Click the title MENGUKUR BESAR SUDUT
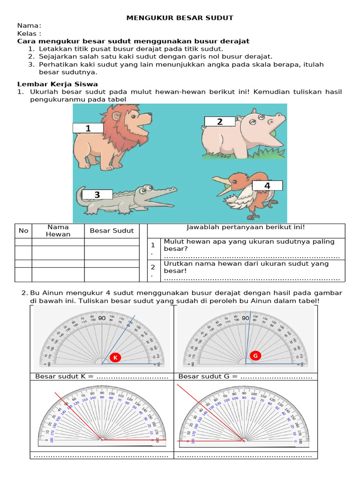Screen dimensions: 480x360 180,18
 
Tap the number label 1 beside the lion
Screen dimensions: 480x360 88,128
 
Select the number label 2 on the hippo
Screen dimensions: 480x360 219,122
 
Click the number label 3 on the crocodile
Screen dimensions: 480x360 97,195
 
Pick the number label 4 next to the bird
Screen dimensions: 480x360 267,186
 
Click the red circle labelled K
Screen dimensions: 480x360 115,358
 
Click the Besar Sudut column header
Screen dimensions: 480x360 112,231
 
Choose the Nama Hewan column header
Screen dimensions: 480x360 58,231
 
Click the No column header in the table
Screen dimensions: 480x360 23,231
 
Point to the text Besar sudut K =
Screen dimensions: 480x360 64,376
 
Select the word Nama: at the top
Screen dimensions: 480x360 29,25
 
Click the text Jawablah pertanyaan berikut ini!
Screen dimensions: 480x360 246,227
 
